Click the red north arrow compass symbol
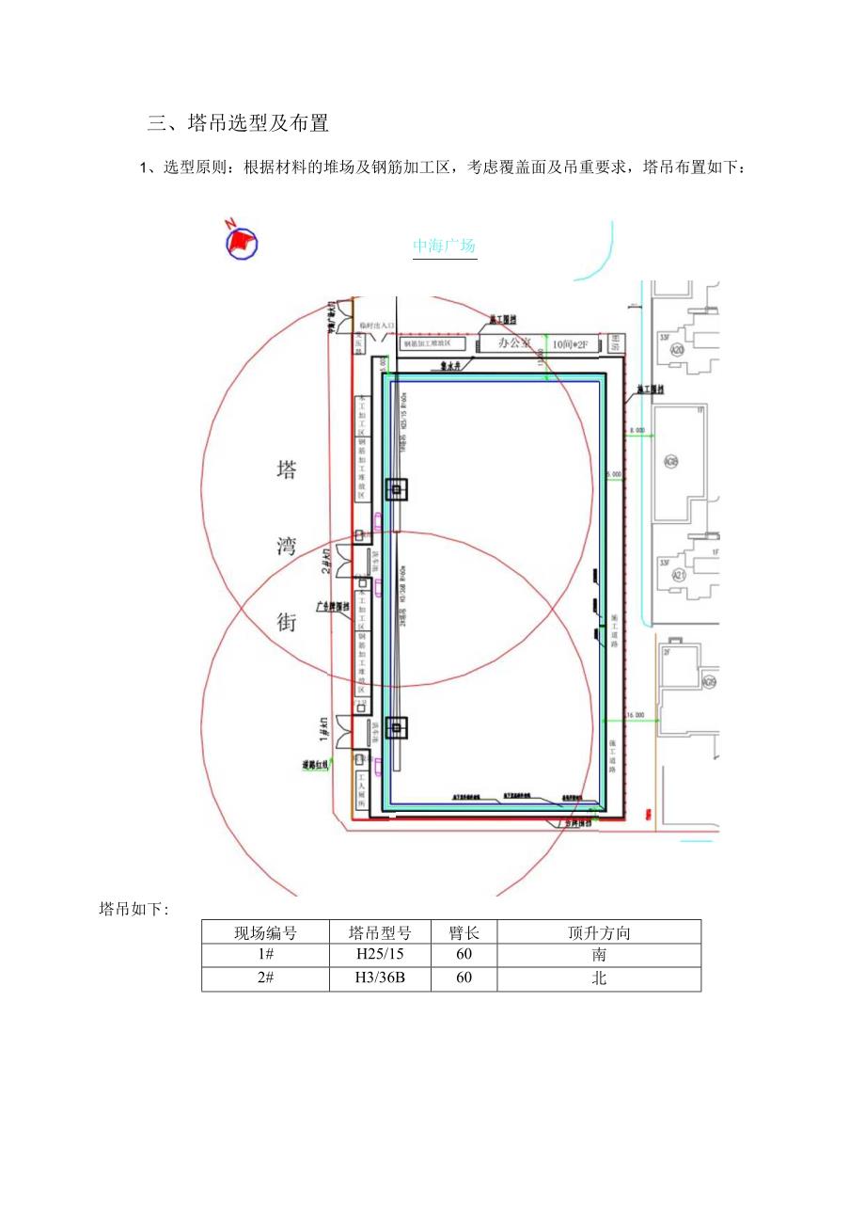[x=241, y=241]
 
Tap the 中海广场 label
[x=445, y=246]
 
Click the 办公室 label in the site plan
[x=514, y=343]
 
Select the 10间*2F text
[x=573, y=344]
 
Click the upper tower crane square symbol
[x=397, y=489]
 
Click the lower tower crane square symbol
[x=397, y=727]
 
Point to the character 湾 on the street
[x=286, y=547]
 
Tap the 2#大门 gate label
[x=326, y=562]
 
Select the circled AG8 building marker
[x=671, y=462]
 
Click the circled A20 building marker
[x=677, y=349]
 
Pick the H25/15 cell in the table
[x=380, y=955]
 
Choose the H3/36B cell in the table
[x=380, y=978]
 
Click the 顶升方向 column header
[x=599, y=932]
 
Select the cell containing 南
[x=599, y=955]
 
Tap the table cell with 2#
[x=265, y=978]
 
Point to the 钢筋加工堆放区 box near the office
[x=433, y=344]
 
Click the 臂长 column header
[x=464, y=932]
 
